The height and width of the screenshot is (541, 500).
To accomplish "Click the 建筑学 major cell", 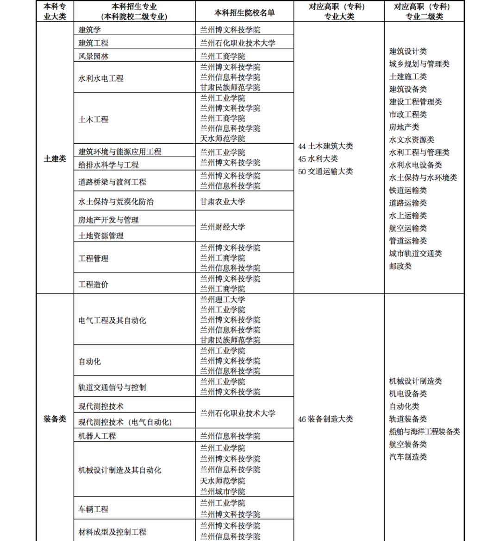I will (x=90, y=30).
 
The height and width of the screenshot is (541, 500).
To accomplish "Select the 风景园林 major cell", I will (x=94, y=56).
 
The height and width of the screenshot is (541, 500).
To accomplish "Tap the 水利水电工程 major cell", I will (x=101, y=78).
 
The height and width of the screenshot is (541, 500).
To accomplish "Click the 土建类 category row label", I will (x=55, y=159).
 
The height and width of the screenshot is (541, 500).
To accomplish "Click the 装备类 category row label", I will (x=55, y=419).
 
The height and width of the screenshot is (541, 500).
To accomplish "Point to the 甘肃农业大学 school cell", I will (x=223, y=202).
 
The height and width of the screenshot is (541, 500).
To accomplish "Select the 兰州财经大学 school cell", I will (x=223, y=227).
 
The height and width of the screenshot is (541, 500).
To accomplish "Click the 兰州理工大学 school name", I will (x=223, y=299).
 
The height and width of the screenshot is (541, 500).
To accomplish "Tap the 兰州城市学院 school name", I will (x=223, y=491).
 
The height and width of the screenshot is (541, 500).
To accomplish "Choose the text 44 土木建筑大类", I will (x=325, y=146).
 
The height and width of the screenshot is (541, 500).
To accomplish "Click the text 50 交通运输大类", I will (x=325, y=171).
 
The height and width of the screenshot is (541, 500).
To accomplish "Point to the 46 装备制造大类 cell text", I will (x=325, y=419).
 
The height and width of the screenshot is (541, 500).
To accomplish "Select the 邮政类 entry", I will (x=400, y=266).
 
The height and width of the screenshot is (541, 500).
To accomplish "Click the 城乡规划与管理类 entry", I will (x=419, y=64).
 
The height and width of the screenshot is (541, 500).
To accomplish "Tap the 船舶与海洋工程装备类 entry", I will (x=425, y=432).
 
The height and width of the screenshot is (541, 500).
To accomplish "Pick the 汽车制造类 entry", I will (x=408, y=457).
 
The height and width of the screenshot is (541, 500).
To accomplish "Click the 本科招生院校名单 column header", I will (x=244, y=13).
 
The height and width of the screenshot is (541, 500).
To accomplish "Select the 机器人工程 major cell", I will (x=97, y=436).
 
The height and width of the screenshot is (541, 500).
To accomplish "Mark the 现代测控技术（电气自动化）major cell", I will (x=125, y=422).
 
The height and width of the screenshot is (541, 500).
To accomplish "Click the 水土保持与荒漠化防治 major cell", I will (x=116, y=202).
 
